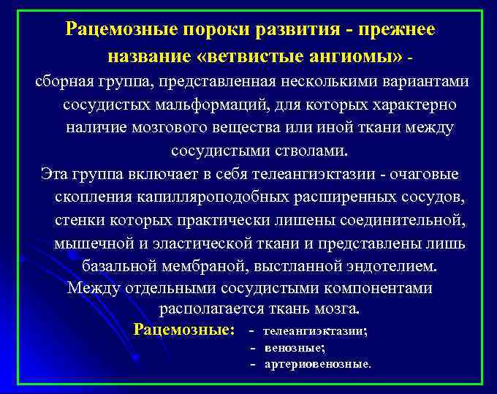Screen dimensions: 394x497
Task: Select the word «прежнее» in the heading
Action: point(401,29)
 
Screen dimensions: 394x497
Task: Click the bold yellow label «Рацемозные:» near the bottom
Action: point(184,330)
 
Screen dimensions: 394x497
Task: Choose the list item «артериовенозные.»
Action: point(317,363)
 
